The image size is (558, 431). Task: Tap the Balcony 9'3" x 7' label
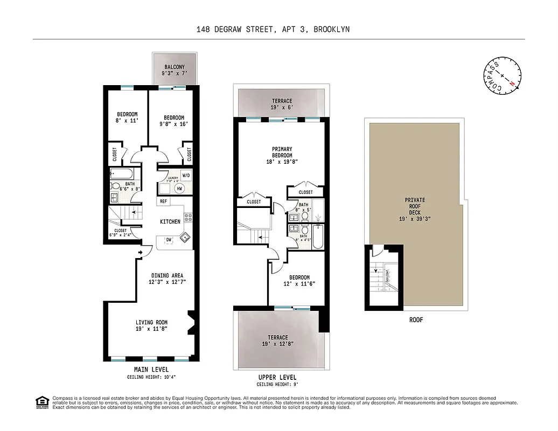point(175,70)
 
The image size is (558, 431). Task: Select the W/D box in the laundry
point(185,175)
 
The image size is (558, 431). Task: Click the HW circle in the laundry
point(179,189)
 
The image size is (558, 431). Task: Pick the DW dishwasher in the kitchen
point(168,240)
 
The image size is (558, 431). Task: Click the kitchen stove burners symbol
point(188,218)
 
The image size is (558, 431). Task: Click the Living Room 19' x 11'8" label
point(152,326)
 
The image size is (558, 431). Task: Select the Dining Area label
point(167,279)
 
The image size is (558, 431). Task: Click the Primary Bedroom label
point(282,155)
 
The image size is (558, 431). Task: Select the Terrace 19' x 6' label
point(282,105)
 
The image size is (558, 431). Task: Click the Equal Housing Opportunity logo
point(40,402)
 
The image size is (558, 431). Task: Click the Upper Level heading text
point(277,377)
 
